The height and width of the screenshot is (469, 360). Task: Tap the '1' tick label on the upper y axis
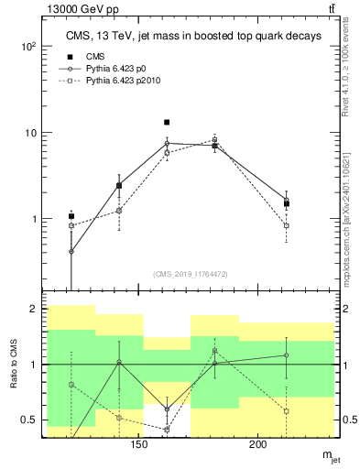(32, 220)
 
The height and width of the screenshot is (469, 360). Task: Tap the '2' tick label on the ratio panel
(33, 310)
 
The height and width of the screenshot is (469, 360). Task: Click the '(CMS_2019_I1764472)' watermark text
(191, 274)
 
